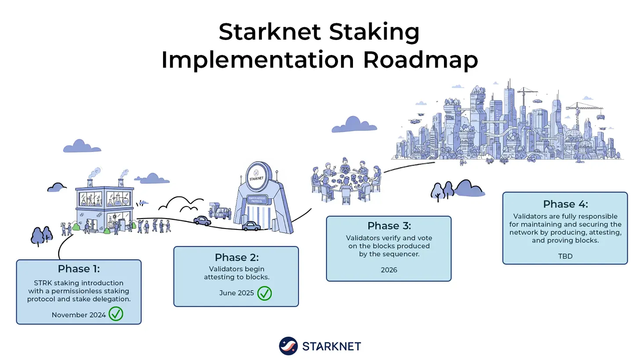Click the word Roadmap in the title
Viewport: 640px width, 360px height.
[x=420, y=60]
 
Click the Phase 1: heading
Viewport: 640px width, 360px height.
[x=79, y=269]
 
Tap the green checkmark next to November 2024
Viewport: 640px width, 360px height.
[x=116, y=314]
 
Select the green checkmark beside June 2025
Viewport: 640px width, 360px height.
[x=265, y=293]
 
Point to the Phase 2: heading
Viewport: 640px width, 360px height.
[x=236, y=257]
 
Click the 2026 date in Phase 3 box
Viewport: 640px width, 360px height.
[x=389, y=270]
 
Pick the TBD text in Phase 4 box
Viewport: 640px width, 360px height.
[x=565, y=256]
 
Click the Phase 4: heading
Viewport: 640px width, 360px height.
[x=565, y=204]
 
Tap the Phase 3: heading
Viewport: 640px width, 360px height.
[x=389, y=225]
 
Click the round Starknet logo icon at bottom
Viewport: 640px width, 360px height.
[x=288, y=346]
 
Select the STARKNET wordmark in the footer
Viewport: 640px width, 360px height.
[x=331, y=346]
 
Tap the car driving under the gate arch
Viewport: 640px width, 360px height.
[x=251, y=226]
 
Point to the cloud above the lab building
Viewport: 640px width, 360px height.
[x=81, y=146]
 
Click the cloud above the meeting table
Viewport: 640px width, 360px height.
[x=353, y=125]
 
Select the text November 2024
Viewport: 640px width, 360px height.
[x=79, y=315]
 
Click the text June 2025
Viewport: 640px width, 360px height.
[x=236, y=293]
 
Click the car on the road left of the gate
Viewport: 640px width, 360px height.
[x=202, y=221]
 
